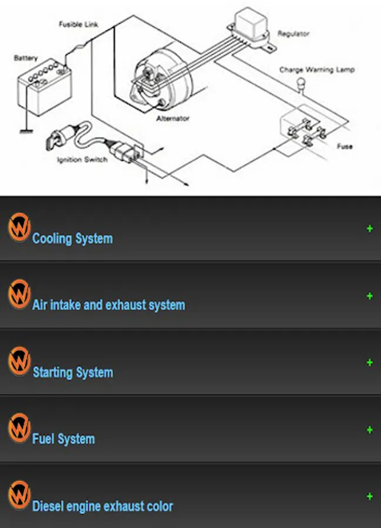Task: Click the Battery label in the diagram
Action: click(x=25, y=58)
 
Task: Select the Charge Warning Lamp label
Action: click(x=316, y=70)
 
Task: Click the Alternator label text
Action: click(x=173, y=119)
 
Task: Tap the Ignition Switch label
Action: click(x=82, y=160)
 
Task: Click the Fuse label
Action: click(x=345, y=146)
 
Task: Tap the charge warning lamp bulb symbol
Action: click(x=301, y=84)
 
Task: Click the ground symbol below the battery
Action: click(x=25, y=130)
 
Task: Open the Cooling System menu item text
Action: click(x=72, y=239)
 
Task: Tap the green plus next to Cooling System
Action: click(x=369, y=229)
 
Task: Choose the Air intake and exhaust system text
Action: click(x=109, y=305)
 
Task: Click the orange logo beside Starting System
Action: click(x=19, y=361)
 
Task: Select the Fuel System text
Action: click(x=63, y=439)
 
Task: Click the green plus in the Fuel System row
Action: click(x=369, y=430)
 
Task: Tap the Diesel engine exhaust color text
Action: click(x=103, y=506)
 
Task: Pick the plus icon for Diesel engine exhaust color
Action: click(x=369, y=496)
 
